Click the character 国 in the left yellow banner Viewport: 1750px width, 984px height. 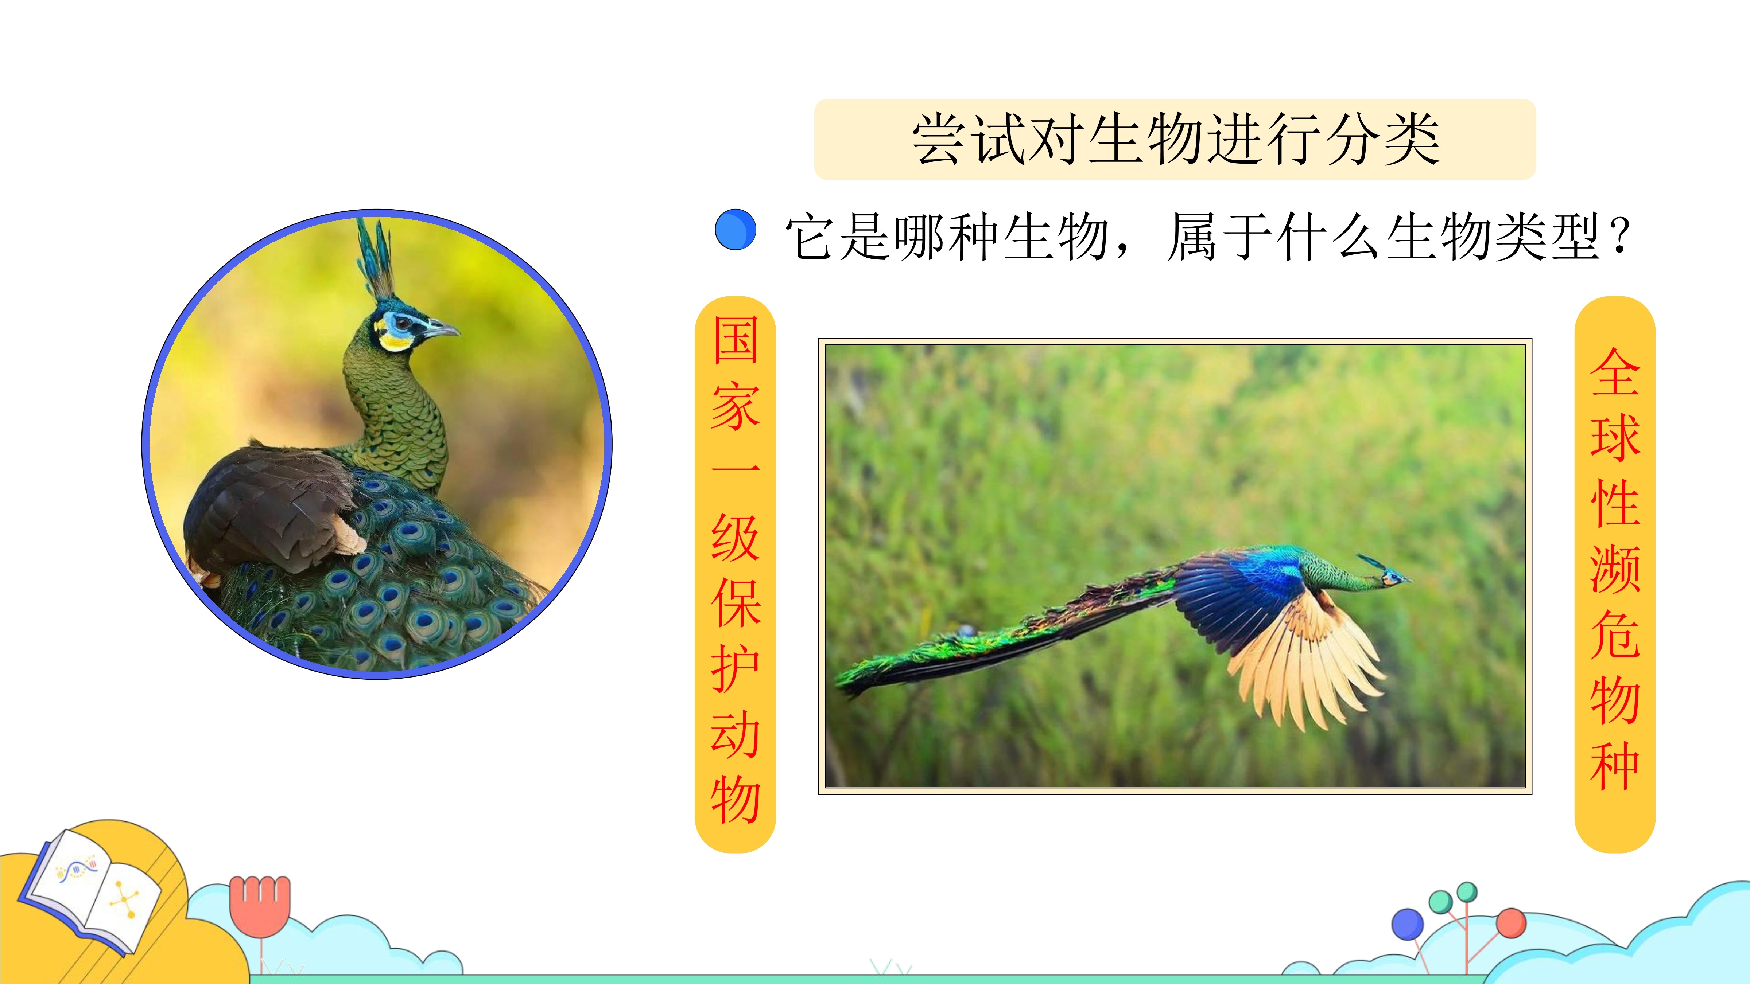(x=735, y=340)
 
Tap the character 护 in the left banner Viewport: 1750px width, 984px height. (x=735, y=669)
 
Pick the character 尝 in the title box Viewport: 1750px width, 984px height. (x=941, y=139)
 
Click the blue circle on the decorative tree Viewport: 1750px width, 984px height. (x=1408, y=925)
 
